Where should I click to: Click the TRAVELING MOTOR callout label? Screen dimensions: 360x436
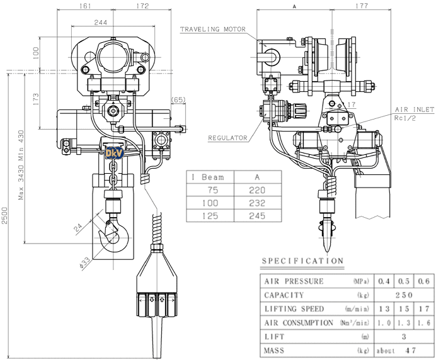(x=212, y=29)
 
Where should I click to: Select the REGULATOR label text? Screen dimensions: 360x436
(x=226, y=137)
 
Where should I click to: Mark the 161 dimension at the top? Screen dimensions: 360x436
(x=85, y=6)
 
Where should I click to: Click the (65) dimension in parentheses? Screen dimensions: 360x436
(x=178, y=100)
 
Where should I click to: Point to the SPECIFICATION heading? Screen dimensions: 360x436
(x=302, y=261)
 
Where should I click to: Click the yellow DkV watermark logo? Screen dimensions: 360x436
(x=113, y=152)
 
